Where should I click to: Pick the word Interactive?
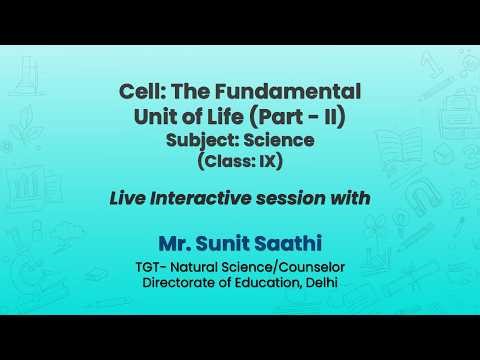click(x=207, y=198)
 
